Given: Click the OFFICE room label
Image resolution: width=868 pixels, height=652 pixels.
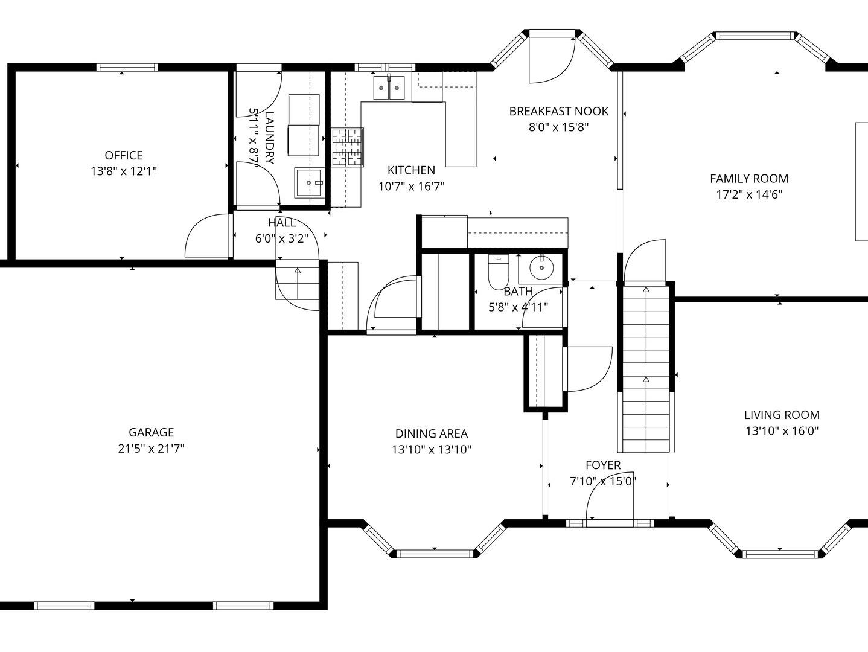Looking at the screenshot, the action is tap(123, 155).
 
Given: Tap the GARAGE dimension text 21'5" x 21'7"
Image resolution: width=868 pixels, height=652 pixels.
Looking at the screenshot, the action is tap(151, 449).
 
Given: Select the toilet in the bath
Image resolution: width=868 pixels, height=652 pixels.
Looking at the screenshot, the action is tap(498, 272).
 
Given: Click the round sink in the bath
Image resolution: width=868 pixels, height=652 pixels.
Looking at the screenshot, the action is tap(541, 267).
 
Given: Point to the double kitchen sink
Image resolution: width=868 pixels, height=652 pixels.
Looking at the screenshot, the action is tap(389, 88).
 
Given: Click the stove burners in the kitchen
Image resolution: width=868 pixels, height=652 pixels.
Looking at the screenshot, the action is tap(347, 147).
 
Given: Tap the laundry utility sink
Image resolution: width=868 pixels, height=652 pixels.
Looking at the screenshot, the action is tap(310, 183).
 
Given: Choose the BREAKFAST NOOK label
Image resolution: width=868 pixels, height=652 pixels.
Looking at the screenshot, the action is tap(559, 112).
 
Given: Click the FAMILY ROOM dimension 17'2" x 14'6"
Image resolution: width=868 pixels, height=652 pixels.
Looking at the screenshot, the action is tap(749, 194).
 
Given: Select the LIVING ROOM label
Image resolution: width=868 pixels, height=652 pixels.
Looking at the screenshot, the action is tap(782, 415).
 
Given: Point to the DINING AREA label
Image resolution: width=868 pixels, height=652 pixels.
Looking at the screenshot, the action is tap(432, 433).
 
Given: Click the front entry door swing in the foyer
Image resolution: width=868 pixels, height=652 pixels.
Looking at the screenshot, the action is tap(610, 496).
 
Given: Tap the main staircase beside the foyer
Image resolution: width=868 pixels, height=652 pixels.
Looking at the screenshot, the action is tap(646, 368).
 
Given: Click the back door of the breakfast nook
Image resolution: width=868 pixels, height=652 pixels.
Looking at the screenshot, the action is tap(552, 59).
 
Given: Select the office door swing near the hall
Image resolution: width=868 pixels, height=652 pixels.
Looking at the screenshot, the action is tap(207, 235).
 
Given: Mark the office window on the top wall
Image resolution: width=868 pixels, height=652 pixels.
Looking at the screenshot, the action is tap(127, 67).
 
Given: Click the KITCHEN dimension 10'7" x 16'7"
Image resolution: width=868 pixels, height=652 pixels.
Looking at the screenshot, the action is tap(411, 186).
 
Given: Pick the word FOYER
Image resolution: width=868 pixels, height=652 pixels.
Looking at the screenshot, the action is tap(603, 465).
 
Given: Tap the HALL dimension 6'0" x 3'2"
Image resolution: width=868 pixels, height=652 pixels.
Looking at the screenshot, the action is tap(281, 238).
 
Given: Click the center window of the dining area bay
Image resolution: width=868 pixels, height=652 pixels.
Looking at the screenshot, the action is tap(435, 554).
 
